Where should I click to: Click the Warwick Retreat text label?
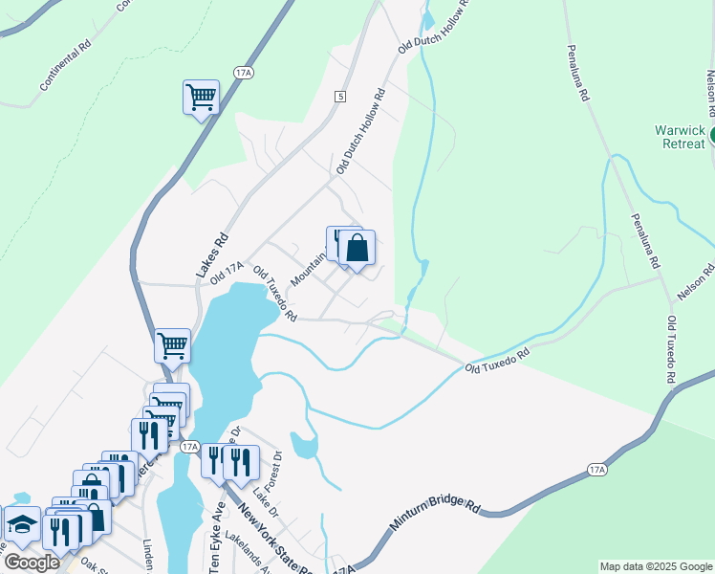click(680, 137)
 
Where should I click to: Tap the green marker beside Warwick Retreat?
click(711, 138)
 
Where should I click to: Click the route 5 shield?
click(339, 97)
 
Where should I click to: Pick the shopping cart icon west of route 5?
click(201, 97)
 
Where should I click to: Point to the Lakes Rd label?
click(212, 256)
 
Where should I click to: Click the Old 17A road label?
click(228, 272)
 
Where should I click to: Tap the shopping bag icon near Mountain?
click(357, 249)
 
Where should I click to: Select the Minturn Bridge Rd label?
click(434, 516)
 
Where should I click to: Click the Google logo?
click(32, 563)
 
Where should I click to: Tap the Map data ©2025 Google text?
click(656, 566)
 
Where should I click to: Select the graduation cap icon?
click(21, 524)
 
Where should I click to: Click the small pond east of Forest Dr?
click(303, 445)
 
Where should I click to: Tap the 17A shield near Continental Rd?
click(244, 73)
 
